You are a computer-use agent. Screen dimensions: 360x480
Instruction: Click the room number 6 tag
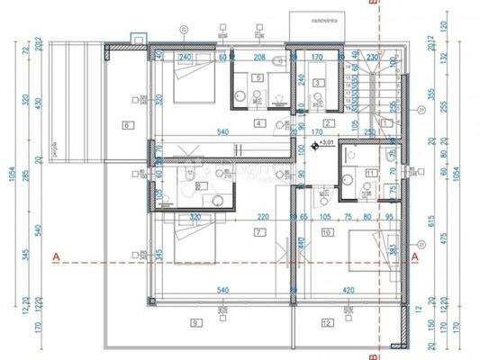pyautogui.click(x=127, y=125)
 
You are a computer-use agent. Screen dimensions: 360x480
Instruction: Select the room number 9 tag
pyautogui.click(x=194, y=321)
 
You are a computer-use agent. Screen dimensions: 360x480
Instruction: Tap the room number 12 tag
pyautogui.click(x=326, y=321)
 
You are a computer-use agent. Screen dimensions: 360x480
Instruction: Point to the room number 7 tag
pyautogui.click(x=258, y=231)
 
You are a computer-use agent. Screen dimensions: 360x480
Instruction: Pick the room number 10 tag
pyautogui.click(x=326, y=231)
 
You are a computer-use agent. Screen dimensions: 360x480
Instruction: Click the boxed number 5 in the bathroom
pyautogui.click(x=259, y=78)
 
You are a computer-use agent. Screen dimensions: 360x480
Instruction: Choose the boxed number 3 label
pyautogui.click(x=318, y=83)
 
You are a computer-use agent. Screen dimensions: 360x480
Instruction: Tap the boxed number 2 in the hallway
pyautogui.click(x=328, y=123)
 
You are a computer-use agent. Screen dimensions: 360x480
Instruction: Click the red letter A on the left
pyautogui.click(x=56, y=257)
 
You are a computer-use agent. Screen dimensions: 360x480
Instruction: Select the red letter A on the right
pyautogui.click(x=415, y=257)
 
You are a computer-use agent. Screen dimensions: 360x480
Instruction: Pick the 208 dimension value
pyautogui.click(x=259, y=58)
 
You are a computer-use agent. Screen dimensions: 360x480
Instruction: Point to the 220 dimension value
pyautogui.click(x=262, y=217)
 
